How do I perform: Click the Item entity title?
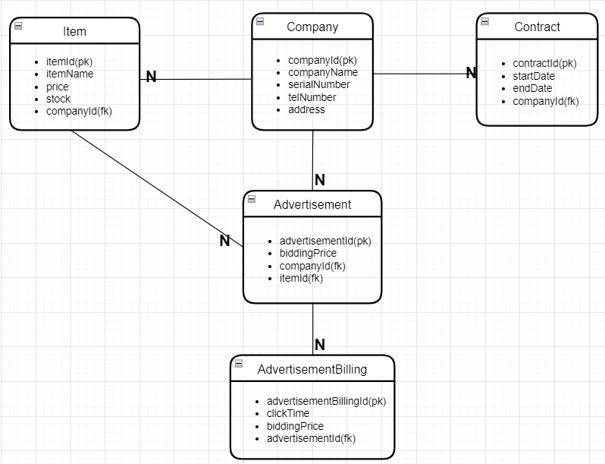(74, 31)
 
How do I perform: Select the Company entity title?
(312, 27)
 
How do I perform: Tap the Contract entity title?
(537, 27)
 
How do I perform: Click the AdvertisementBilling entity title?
(312, 369)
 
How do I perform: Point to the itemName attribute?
(70, 74)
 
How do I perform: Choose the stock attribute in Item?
(58, 99)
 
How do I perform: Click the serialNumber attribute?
(319, 85)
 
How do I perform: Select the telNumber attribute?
(312, 97)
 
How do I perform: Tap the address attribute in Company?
(306, 109)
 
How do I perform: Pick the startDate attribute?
(534, 76)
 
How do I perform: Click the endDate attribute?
(532, 88)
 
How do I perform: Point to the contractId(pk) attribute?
(544, 64)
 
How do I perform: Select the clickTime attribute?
(288, 413)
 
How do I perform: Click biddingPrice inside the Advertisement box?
(308, 253)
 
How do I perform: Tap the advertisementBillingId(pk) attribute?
(326, 401)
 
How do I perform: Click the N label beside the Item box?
(151, 77)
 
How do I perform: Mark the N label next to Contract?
(471, 73)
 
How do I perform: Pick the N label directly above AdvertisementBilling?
(319, 345)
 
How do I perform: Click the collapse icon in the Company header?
(260, 21)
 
